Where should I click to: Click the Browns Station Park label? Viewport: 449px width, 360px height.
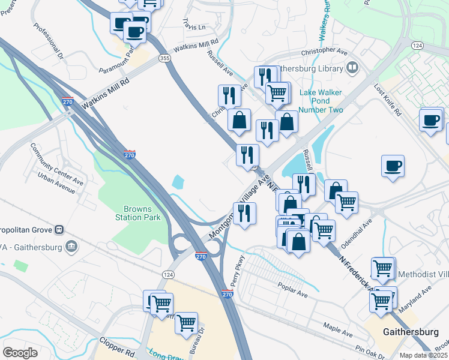142,213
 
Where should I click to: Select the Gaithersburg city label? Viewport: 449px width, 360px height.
411,332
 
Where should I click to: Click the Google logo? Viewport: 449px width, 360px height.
20,352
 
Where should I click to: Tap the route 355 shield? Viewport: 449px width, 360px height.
164,58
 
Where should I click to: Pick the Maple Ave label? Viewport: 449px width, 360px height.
337,329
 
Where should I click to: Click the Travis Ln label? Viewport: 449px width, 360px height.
194,27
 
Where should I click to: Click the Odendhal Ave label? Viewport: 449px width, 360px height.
359,228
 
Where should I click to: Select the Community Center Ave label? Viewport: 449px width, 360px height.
56,163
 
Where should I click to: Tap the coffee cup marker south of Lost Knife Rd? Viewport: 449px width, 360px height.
393,166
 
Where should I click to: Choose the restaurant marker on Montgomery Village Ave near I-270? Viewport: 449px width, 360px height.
244,214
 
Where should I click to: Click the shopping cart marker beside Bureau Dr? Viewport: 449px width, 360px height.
187,323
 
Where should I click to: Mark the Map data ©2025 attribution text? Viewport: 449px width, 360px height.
424,355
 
